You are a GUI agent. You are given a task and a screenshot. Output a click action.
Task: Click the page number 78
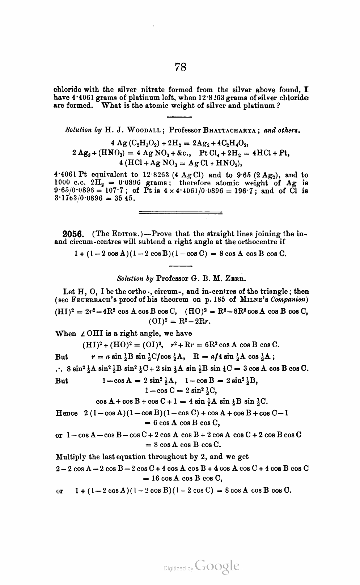pyautogui.click(x=181, y=67)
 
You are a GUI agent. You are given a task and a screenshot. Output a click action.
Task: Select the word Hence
pyautogui.click(x=67, y=413)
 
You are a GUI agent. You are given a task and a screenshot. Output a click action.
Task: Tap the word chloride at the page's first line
pyautogui.click(x=66, y=89)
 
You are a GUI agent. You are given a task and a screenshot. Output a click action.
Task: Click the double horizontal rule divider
pyautogui.click(x=181, y=213)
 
